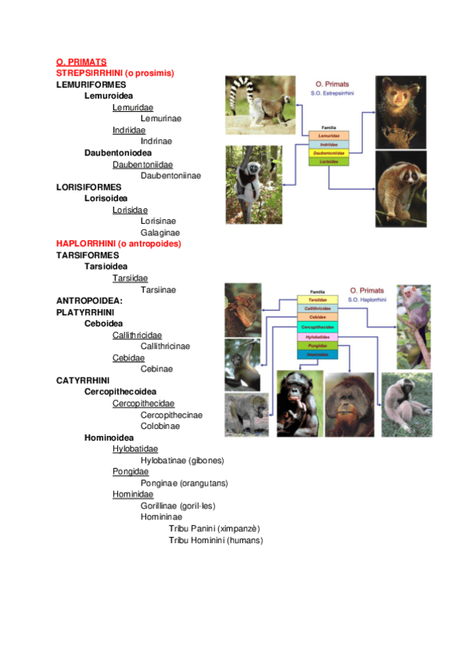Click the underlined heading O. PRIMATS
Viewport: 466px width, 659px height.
pos(81,61)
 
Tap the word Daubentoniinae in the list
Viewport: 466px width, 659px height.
pos(170,176)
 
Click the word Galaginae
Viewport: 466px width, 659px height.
pos(159,232)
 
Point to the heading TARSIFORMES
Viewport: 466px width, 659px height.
pos(88,255)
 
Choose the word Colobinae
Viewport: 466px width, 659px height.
pos(160,426)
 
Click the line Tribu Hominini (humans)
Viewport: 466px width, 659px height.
pos(215,540)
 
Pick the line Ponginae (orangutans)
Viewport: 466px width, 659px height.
pos(184,483)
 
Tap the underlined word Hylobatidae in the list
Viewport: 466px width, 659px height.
pos(135,449)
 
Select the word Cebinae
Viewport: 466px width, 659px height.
pos(157,369)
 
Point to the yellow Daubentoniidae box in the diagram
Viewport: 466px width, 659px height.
pos(329,153)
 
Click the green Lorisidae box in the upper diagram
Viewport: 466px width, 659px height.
pos(329,162)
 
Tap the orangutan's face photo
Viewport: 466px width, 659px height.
pos(349,403)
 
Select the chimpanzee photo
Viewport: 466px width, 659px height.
pos(299,403)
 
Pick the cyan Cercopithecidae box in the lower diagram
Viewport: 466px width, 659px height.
pos(317,327)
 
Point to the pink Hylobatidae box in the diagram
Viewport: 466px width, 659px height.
pos(317,336)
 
